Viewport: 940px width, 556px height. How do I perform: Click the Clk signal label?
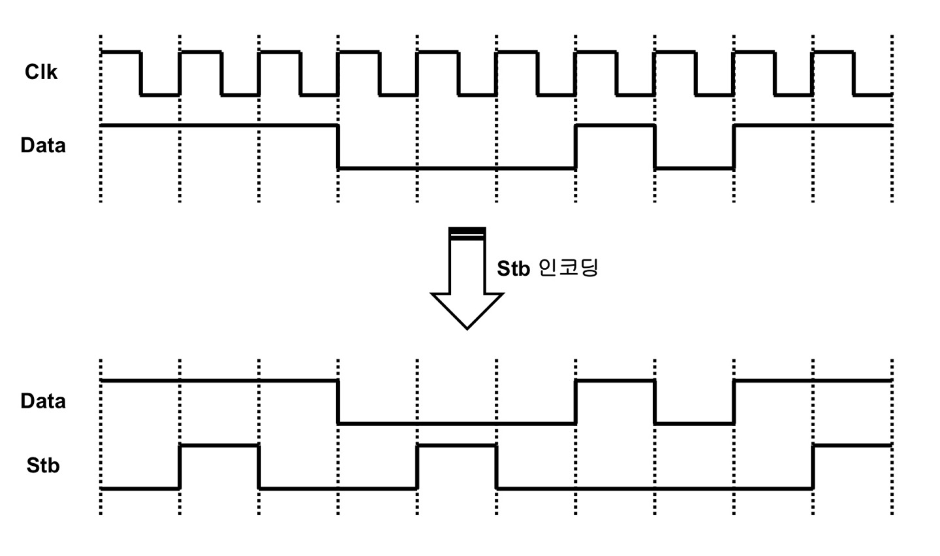pos(41,72)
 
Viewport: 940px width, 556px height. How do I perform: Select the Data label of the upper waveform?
pos(43,145)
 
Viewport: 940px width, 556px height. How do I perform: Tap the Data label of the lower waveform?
pos(43,401)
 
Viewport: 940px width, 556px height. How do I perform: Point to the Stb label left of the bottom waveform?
pos(43,465)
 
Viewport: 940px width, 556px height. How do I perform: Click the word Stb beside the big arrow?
pos(513,269)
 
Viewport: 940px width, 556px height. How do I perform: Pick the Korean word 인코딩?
pos(567,267)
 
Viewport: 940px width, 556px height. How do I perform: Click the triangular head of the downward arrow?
pos(467,310)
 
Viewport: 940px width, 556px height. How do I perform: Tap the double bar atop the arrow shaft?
pos(467,233)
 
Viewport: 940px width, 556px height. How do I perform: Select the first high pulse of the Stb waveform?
pos(219,446)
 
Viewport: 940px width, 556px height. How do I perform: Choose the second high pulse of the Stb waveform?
pos(456,446)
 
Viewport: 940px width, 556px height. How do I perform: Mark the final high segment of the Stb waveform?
pos(852,446)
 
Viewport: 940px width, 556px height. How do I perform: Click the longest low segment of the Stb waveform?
pos(654,488)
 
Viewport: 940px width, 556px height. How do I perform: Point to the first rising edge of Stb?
pos(180,466)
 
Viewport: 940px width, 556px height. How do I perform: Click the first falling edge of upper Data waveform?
pos(338,146)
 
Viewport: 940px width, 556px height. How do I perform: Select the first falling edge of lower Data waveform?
pos(338,402)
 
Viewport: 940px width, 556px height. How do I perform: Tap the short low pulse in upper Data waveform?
pos(694,168)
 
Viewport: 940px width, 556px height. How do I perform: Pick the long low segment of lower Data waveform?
pos(456,423)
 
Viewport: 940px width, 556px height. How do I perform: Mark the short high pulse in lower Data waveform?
pos(614,380)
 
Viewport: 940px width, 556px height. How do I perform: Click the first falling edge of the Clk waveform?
pos(140,73)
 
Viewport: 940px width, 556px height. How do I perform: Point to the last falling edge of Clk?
pos(853,73)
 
